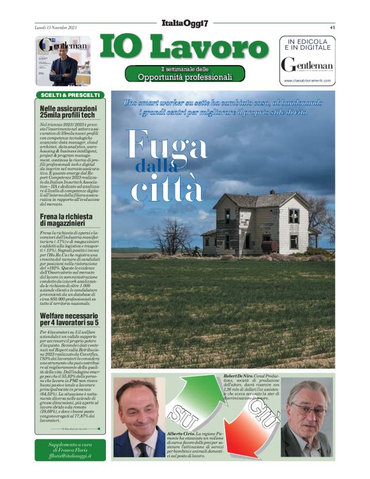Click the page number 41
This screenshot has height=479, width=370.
[x=332, y=27]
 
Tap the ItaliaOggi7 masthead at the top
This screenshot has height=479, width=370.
[x=185, y=23]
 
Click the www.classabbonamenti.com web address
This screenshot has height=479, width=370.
[x=307, y=80]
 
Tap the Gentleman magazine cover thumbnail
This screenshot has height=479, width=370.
[x=63, y=61]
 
